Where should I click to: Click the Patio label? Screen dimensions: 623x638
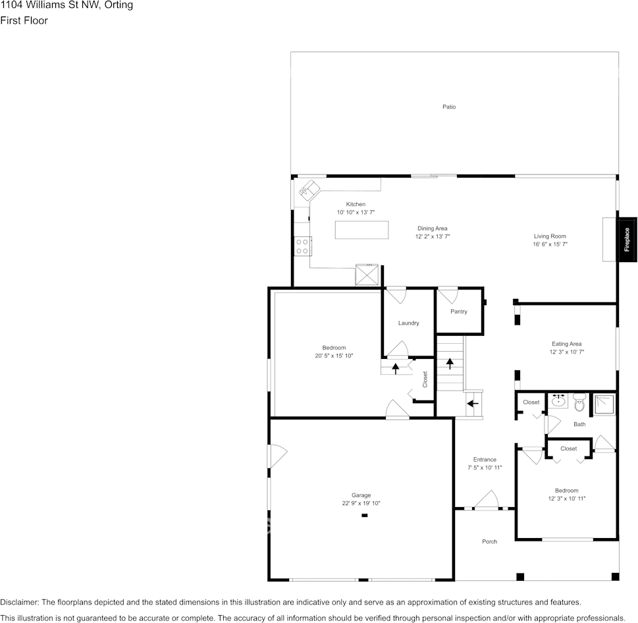point(448,107)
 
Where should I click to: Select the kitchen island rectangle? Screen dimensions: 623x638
point(361,230)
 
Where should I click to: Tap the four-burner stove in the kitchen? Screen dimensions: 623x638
point(303,246)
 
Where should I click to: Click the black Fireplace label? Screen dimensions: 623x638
point(627,240)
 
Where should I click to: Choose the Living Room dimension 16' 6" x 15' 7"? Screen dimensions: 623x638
point(550,244)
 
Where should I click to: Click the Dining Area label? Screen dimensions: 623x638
point(432,229)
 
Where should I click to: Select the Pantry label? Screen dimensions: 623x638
point(459,311)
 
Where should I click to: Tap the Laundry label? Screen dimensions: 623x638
point(408,323)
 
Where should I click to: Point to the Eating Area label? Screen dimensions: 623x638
point(566,344)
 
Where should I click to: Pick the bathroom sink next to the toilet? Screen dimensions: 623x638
point(559,400)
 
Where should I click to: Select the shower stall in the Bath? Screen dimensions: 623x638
point(604,404)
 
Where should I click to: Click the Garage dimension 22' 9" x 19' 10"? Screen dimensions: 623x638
point(361,503)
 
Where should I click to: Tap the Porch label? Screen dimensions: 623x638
point(489,541)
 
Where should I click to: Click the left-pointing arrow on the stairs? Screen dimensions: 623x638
point(472,403)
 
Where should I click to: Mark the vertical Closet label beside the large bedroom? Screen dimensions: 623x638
point(425,379)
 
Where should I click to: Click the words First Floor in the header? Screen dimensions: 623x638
point(24,20)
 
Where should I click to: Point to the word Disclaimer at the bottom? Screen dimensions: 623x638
point(19,602)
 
